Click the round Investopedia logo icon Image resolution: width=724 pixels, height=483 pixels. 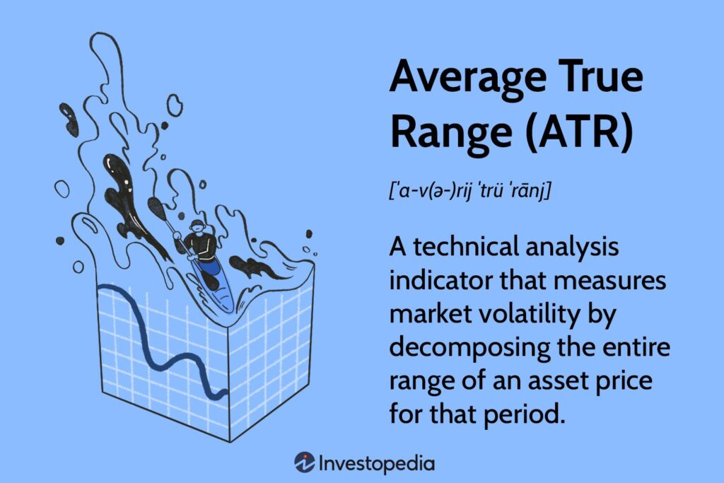click(x=305, y=462)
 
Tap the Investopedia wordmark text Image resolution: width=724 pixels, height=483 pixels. click(x=377, y=463)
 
